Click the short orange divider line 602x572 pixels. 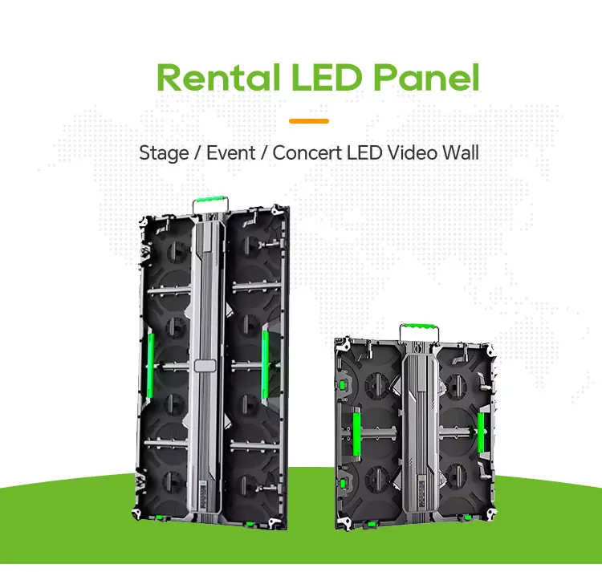309,120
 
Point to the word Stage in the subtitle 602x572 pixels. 164,152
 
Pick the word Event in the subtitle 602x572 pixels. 231,152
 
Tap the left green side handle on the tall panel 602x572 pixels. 150,358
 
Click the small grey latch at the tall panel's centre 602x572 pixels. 205,366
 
